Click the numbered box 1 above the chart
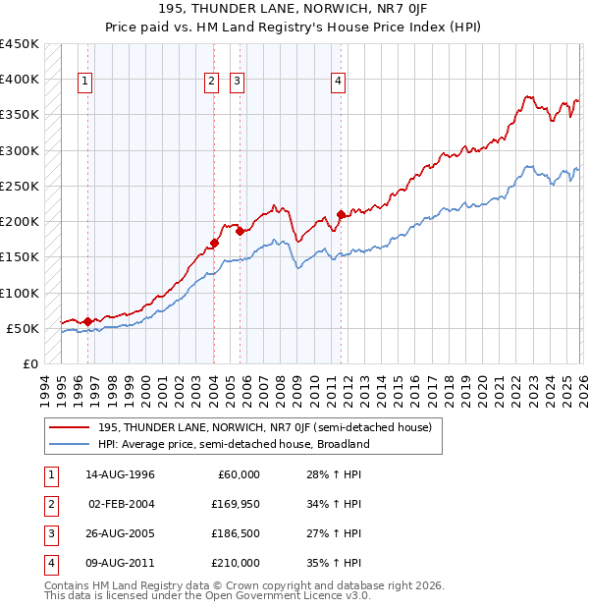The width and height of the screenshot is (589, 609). (86, 82)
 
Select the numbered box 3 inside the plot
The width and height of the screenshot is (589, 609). (238, 82)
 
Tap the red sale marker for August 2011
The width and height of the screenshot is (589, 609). (341, 214)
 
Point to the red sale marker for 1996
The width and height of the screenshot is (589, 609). (87, 321)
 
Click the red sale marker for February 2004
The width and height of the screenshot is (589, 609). (214, 242)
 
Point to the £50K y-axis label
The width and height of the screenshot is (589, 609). (23, 328)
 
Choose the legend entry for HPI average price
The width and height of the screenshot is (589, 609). (234, 444)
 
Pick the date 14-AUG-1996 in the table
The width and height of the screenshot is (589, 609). (120, 474)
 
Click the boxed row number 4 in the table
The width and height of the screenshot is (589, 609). (49, 563)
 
